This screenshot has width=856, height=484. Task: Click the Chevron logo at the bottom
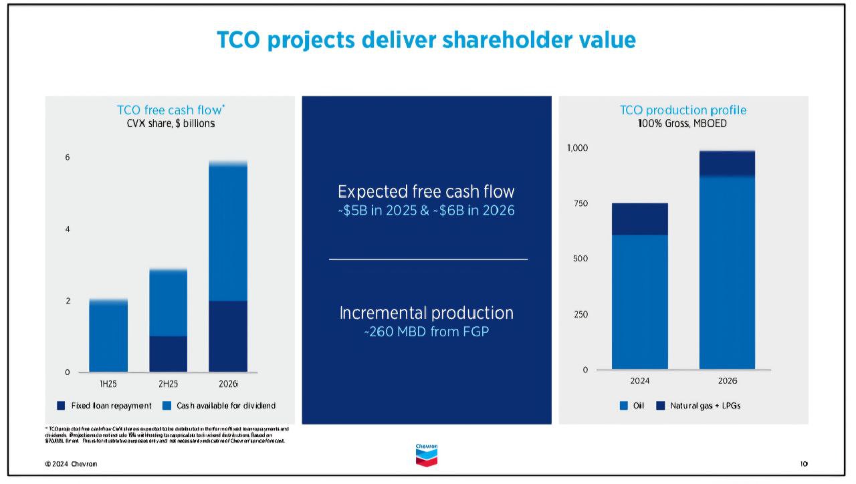click(x=427, y=455)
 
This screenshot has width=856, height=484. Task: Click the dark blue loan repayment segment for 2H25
click(x=168, y=354)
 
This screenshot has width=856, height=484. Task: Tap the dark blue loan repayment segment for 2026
click(x=228, y=336)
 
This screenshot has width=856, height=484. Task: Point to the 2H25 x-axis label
click(x=168, y=384)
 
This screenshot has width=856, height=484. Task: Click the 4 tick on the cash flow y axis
click(x=67, y=229)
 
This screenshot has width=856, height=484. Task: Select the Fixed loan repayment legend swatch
click(x=61, y=406)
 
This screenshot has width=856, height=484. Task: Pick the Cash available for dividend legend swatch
click(x=167, y=406)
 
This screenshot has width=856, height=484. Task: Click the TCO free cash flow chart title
click(x=171, y=110)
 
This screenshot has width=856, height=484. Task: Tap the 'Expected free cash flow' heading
click(x=427, y=192)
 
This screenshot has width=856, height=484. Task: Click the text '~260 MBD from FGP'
click(x=427, y=332)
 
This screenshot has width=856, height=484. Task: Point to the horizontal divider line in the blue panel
click(x=428, y=259)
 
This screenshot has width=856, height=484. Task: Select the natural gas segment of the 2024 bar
click(x=640, y=219)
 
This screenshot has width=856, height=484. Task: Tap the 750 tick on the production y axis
click(x=582, y=203)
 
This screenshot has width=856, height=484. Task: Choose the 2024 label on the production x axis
click(x=640, y=380)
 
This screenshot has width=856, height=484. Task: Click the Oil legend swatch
click(x=623, y=406)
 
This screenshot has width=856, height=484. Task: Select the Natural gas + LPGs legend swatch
click(x=661, y=406)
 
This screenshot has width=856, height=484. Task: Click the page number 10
click(x=805, y=464)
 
